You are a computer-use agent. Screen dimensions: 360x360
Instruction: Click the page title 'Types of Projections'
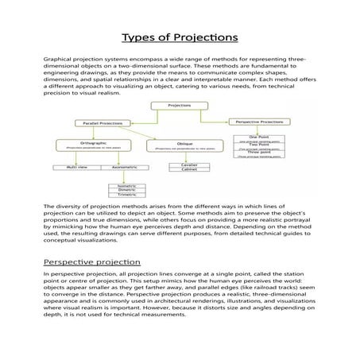point(180,37)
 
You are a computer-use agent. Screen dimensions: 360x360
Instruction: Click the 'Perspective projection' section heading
point(91,261)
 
